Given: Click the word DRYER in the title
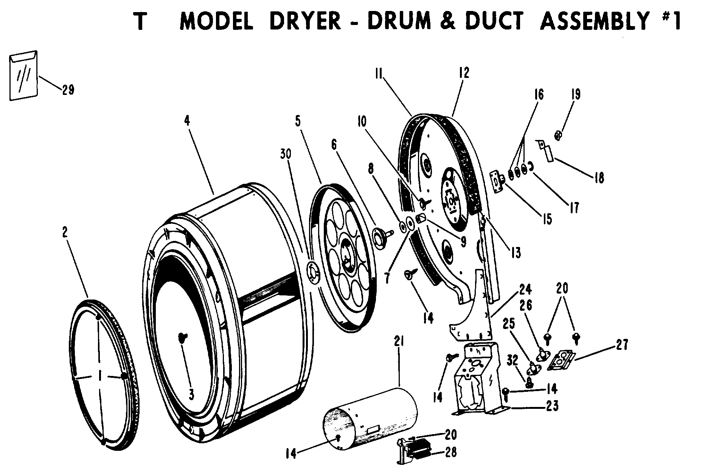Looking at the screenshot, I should [305, 21].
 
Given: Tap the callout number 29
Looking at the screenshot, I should [68, 90].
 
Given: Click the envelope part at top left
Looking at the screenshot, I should [23, 76].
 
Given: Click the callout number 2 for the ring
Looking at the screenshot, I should [65, 232].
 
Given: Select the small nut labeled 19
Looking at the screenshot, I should [558, 135].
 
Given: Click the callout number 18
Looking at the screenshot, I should [598, 177].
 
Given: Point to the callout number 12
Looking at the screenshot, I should [464, 73].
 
